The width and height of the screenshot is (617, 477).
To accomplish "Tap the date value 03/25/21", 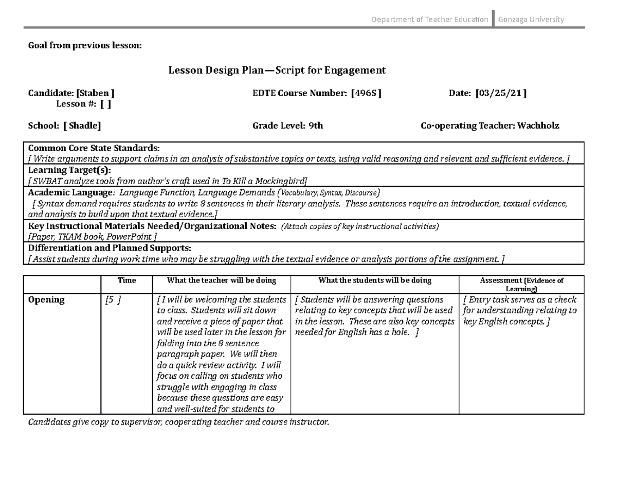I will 501,93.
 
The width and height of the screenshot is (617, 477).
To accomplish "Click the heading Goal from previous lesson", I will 84,46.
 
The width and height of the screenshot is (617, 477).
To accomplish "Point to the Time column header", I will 126,280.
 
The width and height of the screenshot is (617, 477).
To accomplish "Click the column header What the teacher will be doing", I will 221,280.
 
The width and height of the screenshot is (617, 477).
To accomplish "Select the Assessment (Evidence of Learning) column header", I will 521,284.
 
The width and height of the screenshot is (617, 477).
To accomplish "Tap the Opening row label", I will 46,300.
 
